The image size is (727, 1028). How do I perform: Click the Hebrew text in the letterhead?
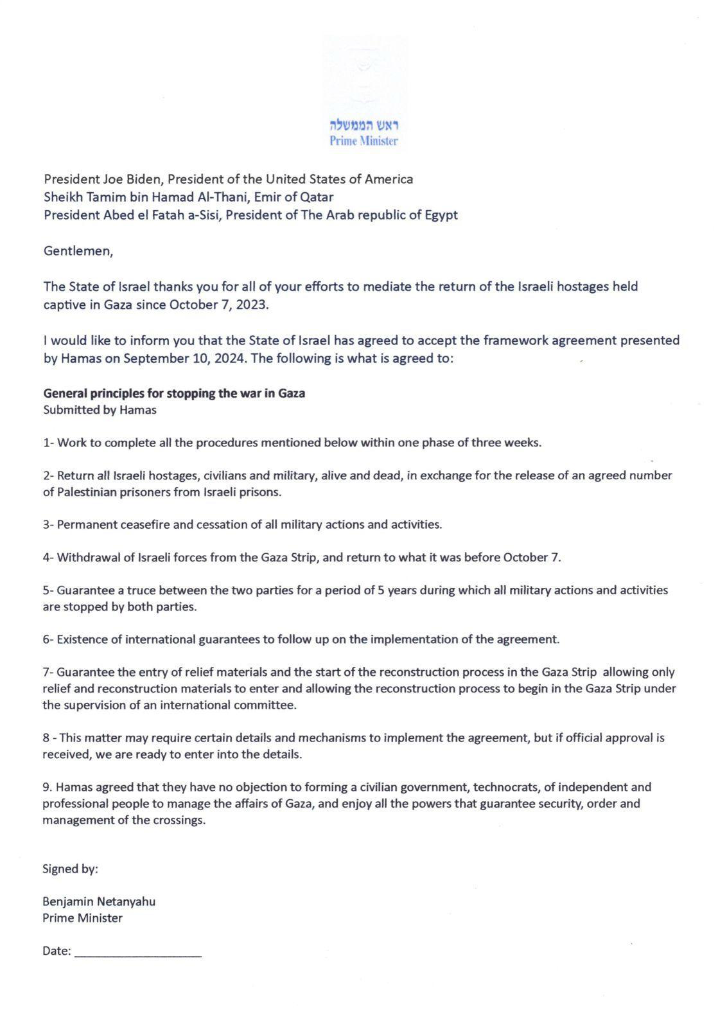tap(364, 125)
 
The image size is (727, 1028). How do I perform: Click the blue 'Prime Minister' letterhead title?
tap(363, 141)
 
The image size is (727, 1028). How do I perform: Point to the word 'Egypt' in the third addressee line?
tap(441, 215)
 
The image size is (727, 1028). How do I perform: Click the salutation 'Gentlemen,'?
tap(78, 251)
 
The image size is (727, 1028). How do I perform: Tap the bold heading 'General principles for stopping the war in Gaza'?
tap(174, 393)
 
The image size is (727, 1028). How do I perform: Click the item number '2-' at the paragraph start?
tap(49, 475)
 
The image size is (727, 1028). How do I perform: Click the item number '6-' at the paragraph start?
tap(49, 639)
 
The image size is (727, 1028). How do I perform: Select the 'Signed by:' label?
tap(70, 869)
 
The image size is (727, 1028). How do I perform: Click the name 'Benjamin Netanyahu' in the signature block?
tap(99, 901)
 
